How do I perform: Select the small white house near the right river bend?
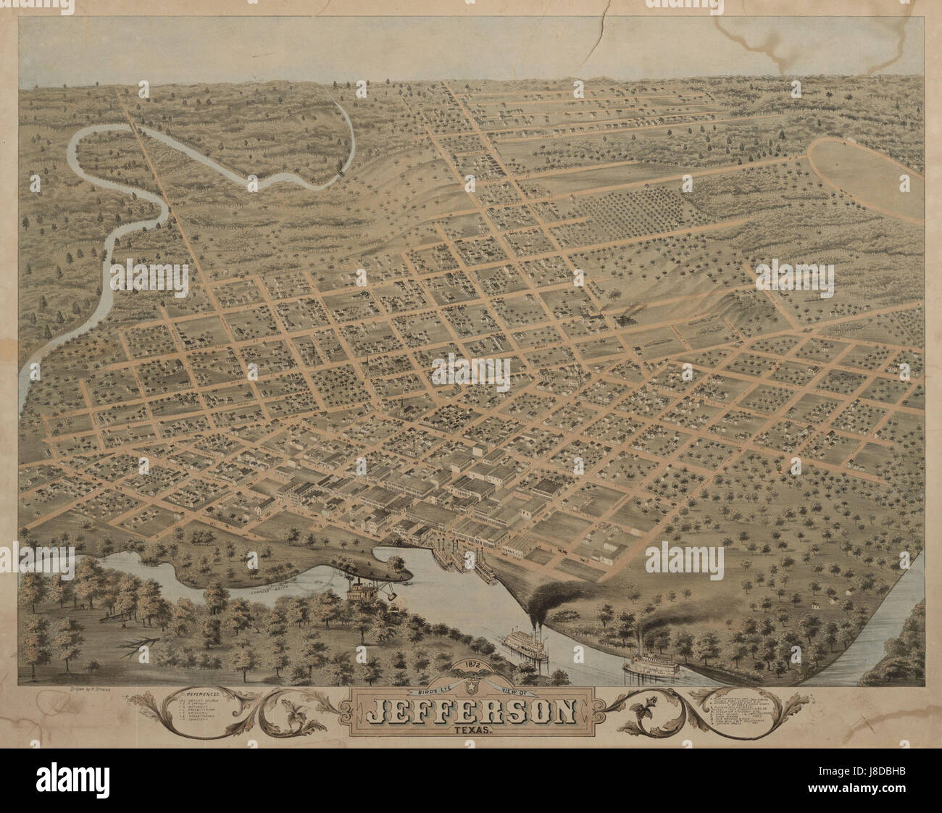(814, 606)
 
